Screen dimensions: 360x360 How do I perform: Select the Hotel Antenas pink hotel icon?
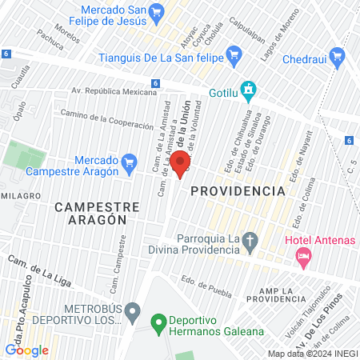click(303, 257)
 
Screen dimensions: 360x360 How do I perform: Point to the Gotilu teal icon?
click(250, 92)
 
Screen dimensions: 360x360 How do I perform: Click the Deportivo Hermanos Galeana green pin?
click(158, 324)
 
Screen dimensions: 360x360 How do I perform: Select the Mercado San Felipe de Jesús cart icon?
click(156, 13)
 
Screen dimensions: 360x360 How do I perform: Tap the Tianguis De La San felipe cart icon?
click(234, 55)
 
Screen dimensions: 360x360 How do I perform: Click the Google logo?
click(26, 350)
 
